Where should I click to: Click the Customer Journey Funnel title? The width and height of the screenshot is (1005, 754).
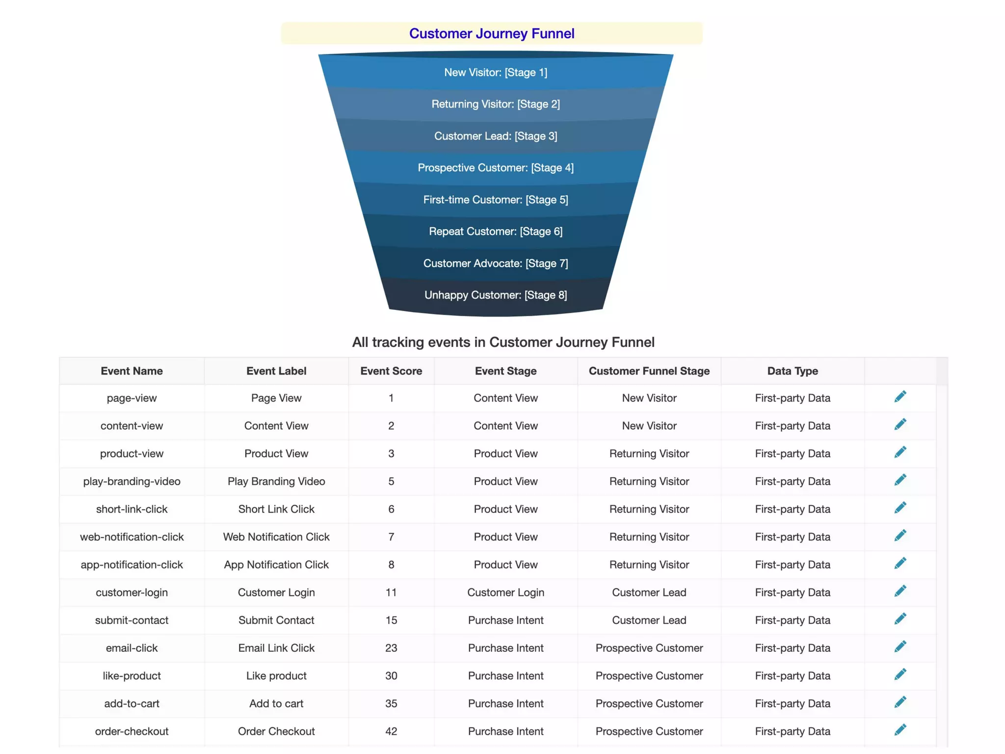492,33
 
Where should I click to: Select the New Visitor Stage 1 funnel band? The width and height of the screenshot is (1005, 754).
496,73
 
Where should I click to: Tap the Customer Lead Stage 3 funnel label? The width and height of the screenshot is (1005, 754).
496,136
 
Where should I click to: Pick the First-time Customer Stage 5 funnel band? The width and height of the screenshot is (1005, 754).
496,200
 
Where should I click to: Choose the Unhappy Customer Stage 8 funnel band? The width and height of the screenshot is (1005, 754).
496,295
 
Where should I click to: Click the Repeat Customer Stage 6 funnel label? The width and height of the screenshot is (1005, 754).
496,231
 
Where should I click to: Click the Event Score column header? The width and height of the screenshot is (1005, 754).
391,371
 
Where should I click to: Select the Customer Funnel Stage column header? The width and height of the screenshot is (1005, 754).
649,371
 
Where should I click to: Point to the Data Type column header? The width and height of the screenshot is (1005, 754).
793,371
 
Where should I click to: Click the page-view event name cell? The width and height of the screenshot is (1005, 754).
132,398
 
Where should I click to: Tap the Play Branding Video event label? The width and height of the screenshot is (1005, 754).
276,482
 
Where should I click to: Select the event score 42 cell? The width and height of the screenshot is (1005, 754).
391,731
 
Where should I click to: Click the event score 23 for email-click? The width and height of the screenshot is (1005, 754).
391,648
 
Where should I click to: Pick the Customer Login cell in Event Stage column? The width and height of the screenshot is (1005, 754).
505,592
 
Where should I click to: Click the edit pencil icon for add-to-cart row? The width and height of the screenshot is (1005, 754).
900,702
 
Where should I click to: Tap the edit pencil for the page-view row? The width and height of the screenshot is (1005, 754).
900,397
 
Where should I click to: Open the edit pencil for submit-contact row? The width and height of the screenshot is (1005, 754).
900,619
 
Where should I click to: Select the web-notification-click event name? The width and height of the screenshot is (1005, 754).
132,537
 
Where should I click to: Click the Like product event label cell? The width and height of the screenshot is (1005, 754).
276,676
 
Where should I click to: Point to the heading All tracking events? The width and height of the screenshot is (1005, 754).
503,342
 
